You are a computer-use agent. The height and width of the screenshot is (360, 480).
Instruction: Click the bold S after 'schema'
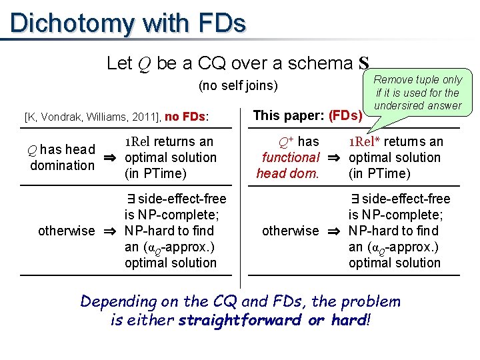pyautogui.click(x=363, y=64)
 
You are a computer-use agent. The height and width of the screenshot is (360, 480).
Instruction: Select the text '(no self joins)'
pyautogui.click(x=238, y=86)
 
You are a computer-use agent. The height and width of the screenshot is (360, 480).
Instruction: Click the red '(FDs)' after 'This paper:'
pyautogui.click(x=345, y=115)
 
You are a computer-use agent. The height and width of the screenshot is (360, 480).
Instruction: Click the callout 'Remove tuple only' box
pyautogui.click(x=418, y=93)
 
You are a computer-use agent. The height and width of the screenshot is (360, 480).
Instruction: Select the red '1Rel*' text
pyautogui.click(x=365, y=141)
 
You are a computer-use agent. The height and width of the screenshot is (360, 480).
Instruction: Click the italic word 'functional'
pyautogui.click(x=291, y=157)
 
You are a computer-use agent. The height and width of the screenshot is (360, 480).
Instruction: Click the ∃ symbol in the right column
pyautogui.click(x=355, y=199)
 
